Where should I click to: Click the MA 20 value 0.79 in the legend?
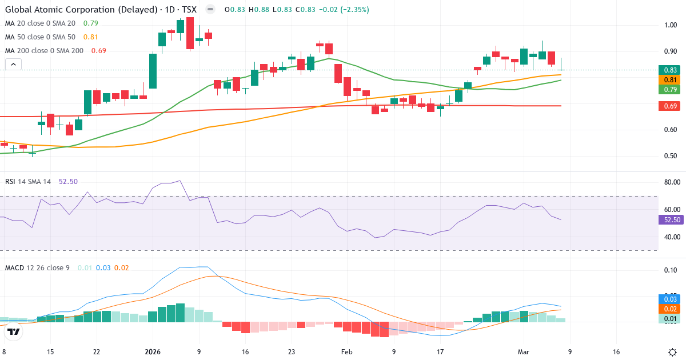[90, 23]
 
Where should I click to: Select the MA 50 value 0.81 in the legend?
[90, 37]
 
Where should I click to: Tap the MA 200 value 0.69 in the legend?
[98, 51]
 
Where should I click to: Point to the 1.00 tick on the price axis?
[671, 25]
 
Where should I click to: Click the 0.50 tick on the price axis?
[671, 156]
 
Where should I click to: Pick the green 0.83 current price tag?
[671, 70]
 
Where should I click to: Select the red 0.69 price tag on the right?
[671, 106]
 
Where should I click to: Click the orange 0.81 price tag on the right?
[671, 80]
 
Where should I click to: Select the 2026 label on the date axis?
[153, 352]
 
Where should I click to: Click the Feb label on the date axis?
[347, 352]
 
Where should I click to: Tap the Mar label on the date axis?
[524, 352]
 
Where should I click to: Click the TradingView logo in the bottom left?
[14, 331]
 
